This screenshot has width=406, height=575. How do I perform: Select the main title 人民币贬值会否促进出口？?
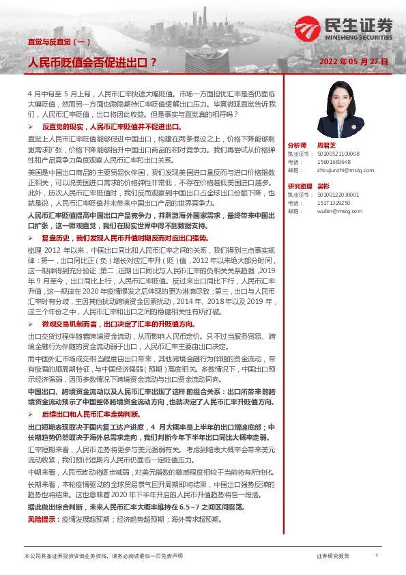click(91, 62)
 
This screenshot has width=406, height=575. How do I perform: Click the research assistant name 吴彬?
click(322, 186)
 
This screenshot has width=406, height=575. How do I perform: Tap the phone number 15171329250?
click(334, 203)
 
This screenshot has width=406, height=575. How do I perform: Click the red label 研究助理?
click(299, 186)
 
